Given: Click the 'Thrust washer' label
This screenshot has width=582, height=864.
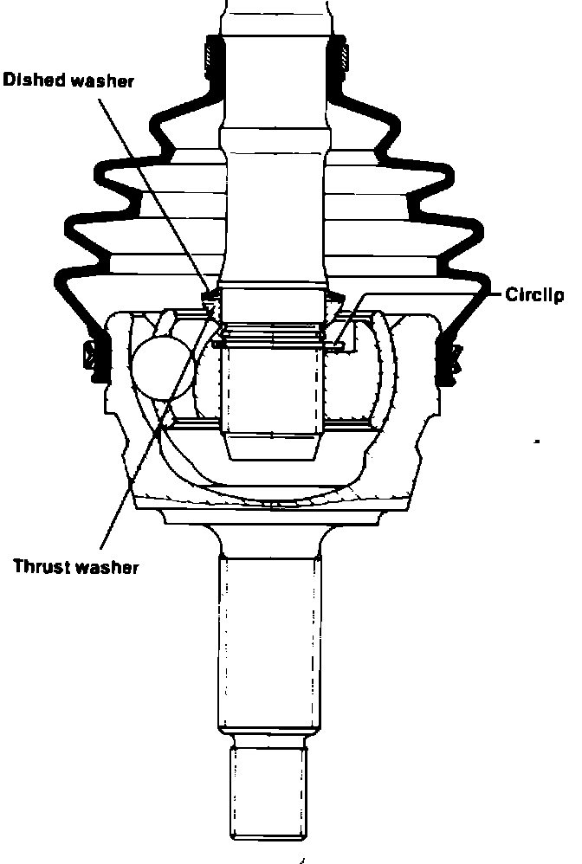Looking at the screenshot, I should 75,567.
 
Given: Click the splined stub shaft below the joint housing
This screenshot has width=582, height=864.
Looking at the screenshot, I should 269,641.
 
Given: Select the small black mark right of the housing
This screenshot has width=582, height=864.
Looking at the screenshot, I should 539,442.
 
